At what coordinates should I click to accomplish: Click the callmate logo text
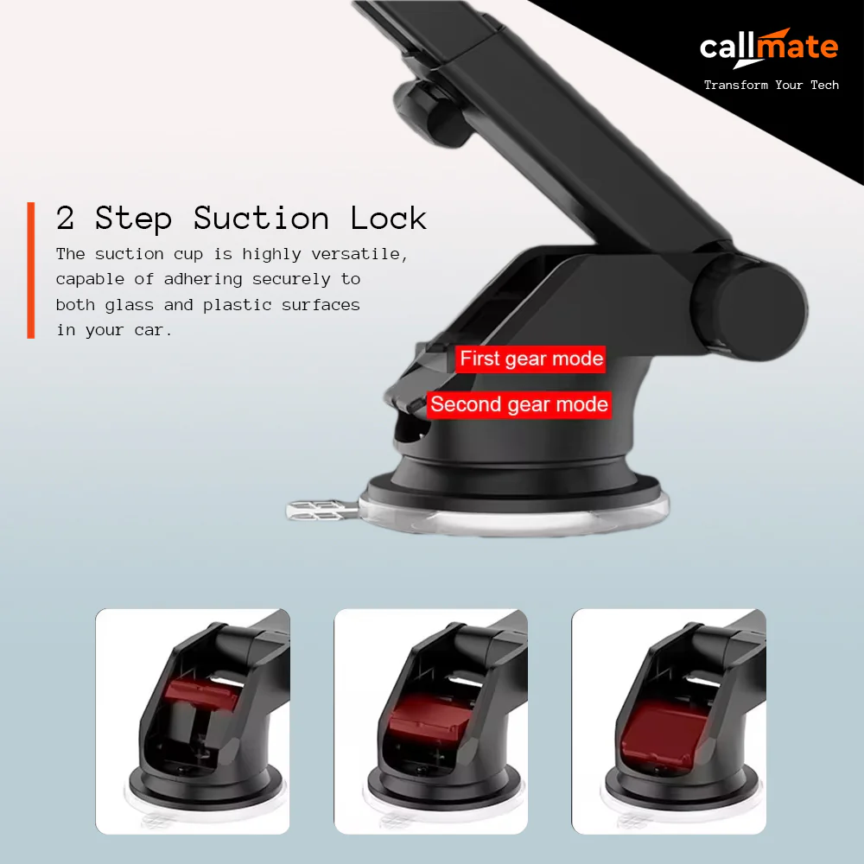click(768, 47)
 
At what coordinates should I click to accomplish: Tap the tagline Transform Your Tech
click(771, 85)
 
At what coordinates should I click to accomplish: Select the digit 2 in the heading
click(66, 218)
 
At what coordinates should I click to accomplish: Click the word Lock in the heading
click(388, 218)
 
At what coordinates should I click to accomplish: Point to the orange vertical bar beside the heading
click(31, 270)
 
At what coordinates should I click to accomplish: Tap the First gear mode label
click(530, 359)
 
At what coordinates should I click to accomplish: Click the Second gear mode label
click(518, 404)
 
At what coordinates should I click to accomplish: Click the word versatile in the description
click(361, 254)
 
